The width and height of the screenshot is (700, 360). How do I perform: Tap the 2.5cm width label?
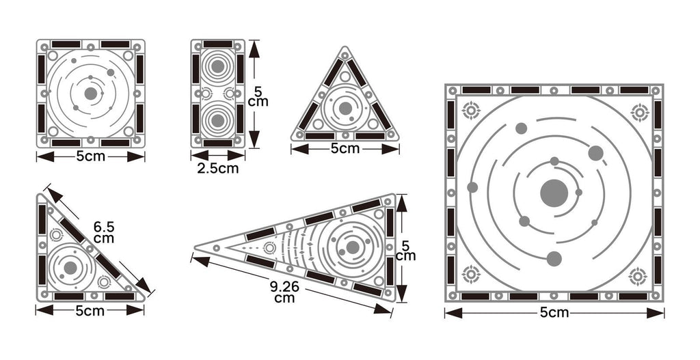(x=218, y=169)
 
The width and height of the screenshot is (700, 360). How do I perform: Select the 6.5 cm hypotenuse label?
(x=104, y=232)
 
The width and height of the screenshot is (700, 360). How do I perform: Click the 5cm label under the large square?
(x=554, y=313)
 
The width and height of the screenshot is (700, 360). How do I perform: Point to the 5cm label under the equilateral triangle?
(x=345, y=148)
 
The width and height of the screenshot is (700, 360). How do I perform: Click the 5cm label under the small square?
(x=91, y=156)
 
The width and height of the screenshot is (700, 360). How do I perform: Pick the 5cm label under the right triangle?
(x=90, y=311)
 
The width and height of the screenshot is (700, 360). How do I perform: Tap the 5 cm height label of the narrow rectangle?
(x=258, y=97)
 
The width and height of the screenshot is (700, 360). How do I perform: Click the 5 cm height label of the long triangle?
(x=406, y=251)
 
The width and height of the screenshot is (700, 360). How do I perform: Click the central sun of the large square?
(x=554, y=193)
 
